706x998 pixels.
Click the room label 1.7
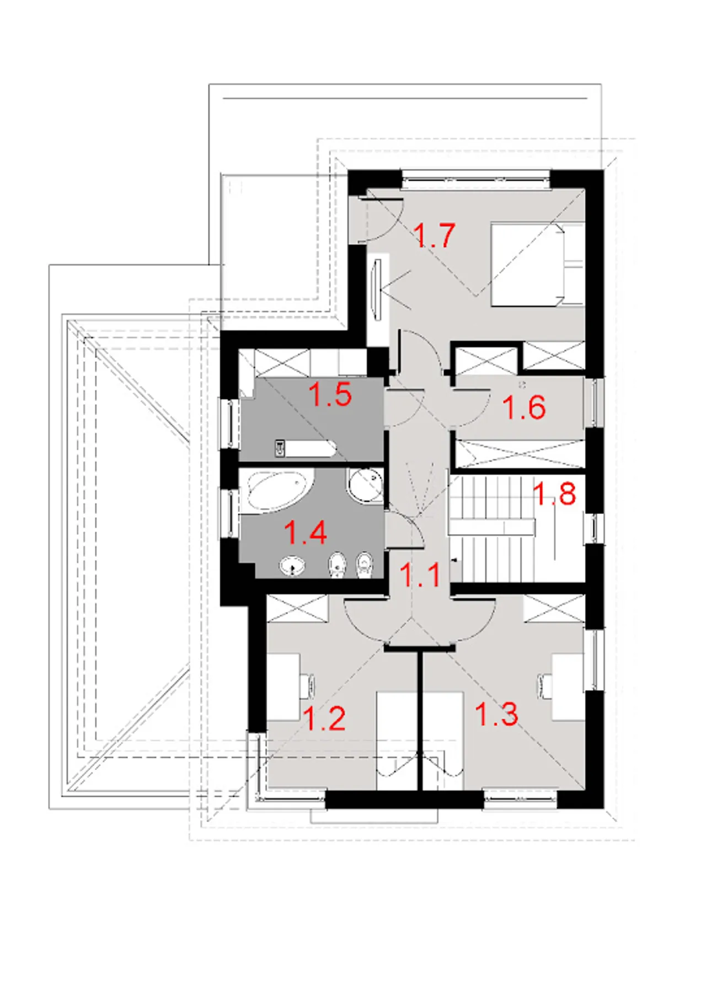434,235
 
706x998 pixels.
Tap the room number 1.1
420,575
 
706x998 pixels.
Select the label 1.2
325,718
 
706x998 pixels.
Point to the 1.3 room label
496,713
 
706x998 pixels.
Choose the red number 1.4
305,533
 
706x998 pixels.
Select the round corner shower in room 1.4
365,485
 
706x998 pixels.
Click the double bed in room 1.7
537,264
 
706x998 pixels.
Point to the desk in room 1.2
284,686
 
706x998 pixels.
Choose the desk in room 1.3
568,686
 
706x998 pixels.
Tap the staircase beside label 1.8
491,529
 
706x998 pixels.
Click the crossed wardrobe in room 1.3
554,609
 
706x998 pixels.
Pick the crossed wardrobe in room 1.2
297,609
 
